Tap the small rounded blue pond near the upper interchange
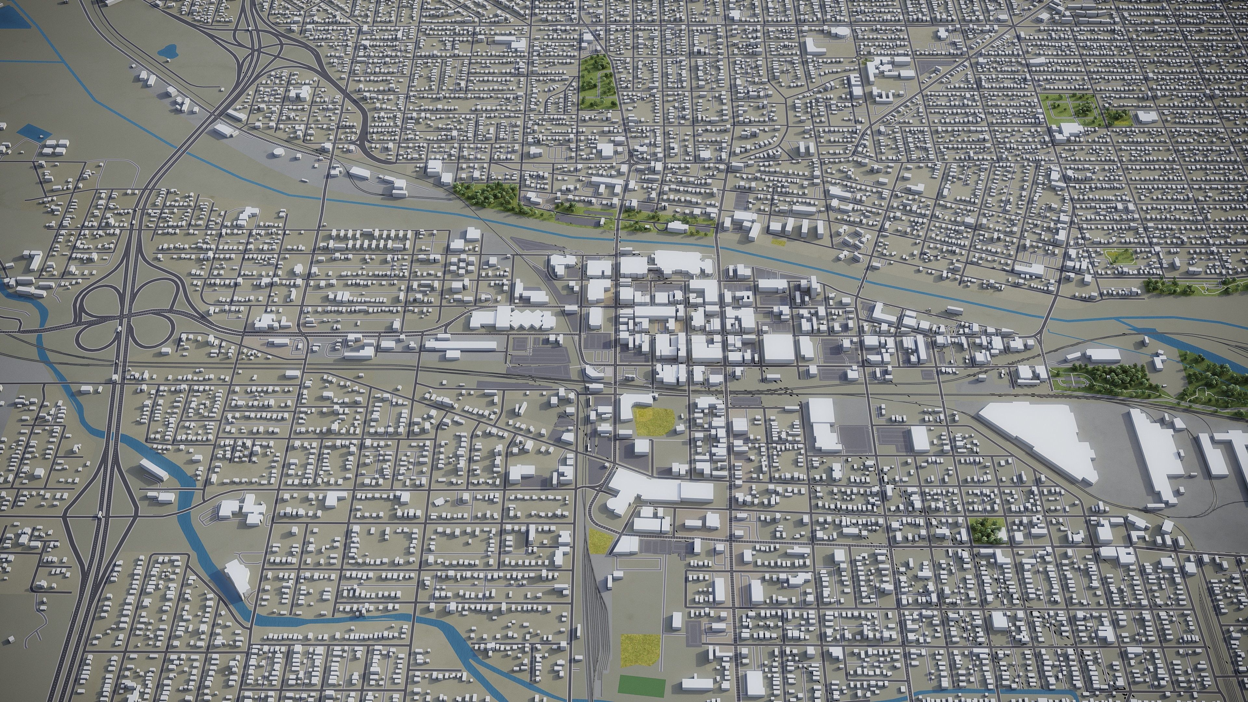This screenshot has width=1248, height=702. click(170, 50)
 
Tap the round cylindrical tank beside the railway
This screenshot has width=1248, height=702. click(279, 153)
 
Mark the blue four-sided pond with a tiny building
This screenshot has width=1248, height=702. click(33, 132)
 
